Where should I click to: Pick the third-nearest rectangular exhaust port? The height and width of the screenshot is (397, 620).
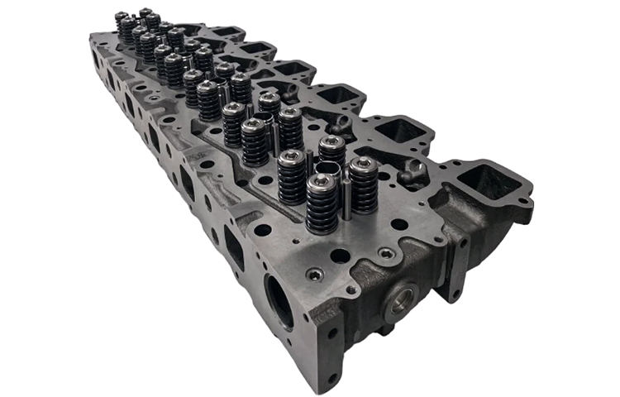[x=336, y=96]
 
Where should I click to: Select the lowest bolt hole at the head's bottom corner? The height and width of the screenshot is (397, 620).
[x=330, y=379]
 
